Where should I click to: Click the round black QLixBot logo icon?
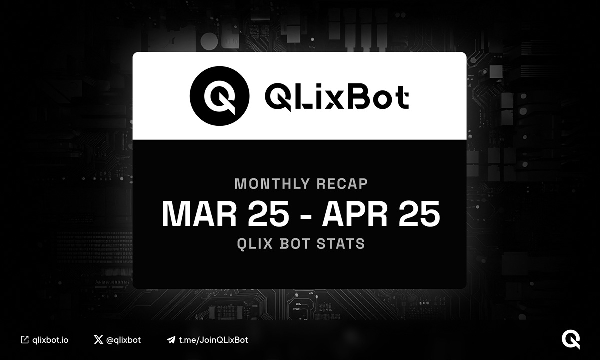pos(219,95)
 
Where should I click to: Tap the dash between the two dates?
pos(305,215)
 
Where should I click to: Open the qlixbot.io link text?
pos(50,340)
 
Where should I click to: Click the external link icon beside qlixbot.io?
pos(24,340)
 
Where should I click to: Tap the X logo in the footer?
pos(98,340)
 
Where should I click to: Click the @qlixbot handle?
pos(123,340)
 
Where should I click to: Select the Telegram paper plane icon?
pos(171,340)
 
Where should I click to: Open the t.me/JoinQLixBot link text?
pos(214,340)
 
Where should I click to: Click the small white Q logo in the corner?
pos(570,339)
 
